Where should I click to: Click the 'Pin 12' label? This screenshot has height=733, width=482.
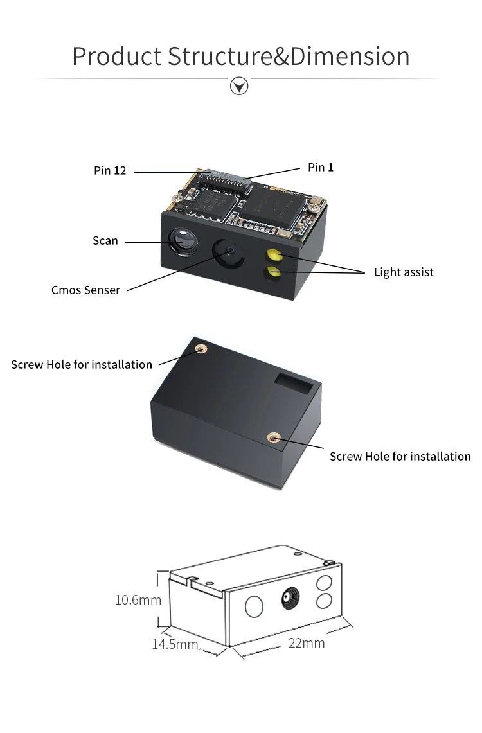[x=110, y=171]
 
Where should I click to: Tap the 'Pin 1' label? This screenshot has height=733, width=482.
[x=321, y=168]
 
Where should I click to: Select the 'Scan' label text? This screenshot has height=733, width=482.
[x=105, y=241]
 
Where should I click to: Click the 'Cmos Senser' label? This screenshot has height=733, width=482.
[x=85, y=290]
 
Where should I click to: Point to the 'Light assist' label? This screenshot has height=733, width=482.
[x=404, y=272]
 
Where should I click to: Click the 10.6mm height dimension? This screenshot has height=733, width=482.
[x=138, y=600]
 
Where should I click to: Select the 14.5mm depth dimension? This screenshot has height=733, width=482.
[x=175, y=644]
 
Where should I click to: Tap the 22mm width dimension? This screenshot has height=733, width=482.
[x=306, y=643]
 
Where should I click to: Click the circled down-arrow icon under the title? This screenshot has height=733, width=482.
[x=239, y=85]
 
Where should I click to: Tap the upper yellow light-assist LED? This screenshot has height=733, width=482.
[x=274, y=256]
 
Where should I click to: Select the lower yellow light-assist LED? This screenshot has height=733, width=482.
[x=275, y=272]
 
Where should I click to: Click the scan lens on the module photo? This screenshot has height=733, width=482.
[x=181, y=242]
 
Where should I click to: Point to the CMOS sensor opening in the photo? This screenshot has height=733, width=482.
[x=227, y=251]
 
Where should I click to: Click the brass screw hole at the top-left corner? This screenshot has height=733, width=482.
[x=201, y=348]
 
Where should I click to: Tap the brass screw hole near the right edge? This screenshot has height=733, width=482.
[x=272, y=437]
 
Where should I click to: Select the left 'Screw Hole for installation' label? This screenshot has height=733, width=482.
[x=82, y=365]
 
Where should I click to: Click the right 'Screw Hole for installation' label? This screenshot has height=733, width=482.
[x=400, y=457]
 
